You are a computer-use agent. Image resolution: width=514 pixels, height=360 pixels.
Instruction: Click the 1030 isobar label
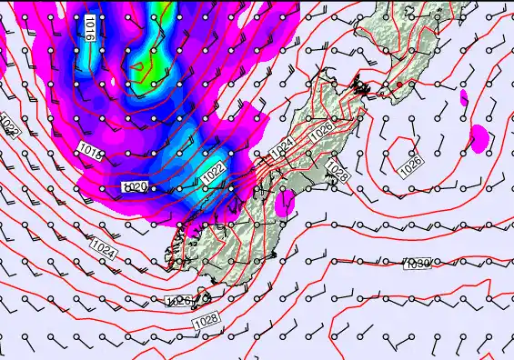[x=418, y=264]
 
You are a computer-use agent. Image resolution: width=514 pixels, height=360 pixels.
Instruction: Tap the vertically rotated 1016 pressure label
[x=89, y=29]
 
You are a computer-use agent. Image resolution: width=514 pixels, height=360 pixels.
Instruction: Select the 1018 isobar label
[x=90, y=150]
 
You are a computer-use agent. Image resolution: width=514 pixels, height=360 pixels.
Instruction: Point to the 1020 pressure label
[x=135, y=186]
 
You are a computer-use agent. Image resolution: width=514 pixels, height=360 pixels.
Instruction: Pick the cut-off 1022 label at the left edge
[x=9, y=125]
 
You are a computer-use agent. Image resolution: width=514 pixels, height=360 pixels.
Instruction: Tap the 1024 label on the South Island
[x=283, y=145]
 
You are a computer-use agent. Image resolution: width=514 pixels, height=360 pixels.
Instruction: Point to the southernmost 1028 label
[x=206, y=321]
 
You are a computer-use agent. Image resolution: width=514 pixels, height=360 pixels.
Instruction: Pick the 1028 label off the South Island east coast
[x=338, y=170]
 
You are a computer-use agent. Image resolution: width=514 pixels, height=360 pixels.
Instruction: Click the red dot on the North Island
[x=398, y=85]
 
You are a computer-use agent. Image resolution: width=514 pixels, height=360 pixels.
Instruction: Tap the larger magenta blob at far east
[x=479, y=138]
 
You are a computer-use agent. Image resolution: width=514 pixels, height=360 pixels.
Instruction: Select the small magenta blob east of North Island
[x=463, y=95]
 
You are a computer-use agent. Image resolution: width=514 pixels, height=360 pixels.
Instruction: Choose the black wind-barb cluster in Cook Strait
[x=362, y=88]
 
